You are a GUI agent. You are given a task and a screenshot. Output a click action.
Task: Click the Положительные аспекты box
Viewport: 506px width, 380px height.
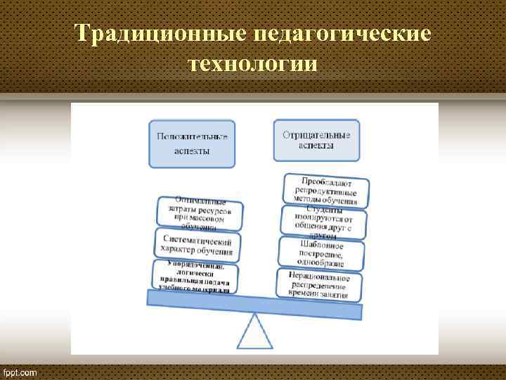pos(192,144)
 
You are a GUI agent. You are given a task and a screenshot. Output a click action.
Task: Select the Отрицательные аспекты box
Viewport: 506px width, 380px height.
pos(316,139)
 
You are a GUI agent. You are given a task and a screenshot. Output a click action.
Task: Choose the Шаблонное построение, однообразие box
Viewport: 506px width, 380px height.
pos(322,253)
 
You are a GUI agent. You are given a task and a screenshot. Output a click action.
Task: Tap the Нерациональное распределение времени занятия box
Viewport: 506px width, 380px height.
pos(319,285)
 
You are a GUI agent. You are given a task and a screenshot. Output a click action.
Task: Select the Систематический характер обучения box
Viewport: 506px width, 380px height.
pos(196,245)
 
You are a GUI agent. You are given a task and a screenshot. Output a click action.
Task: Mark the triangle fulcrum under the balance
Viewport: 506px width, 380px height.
pos(254,331)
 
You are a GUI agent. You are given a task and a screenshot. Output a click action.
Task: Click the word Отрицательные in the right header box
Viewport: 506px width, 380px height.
pos(316,134)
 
